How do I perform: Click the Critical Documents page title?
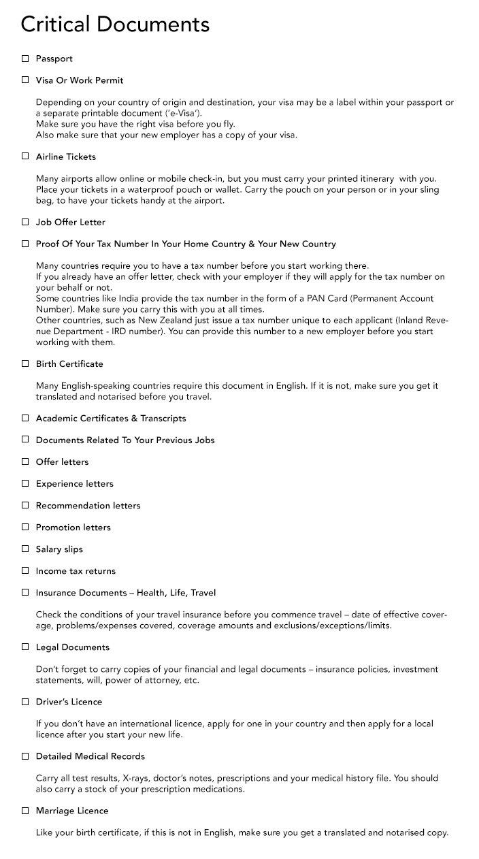pos(115,25)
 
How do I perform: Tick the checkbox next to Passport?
pos(25,59)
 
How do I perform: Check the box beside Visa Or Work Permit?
pos(25,80)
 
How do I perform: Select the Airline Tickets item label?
pos(66,157)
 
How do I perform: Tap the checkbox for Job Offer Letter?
pos(25,222)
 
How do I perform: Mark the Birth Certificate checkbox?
pos(25,363)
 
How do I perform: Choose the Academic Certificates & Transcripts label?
pos(111,418)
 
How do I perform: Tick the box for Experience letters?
pos(25,483)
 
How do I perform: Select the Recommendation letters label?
pos(88,505)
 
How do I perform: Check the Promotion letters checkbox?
pos(25,527)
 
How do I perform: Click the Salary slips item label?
pos(59,549)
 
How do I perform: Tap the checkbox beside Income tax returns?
pos(25,570)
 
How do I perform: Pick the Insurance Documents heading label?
pos(126,592)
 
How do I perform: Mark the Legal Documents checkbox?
pos(25,647)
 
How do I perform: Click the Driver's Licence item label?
pos(69,701)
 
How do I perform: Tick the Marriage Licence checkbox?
pos(25,810)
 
